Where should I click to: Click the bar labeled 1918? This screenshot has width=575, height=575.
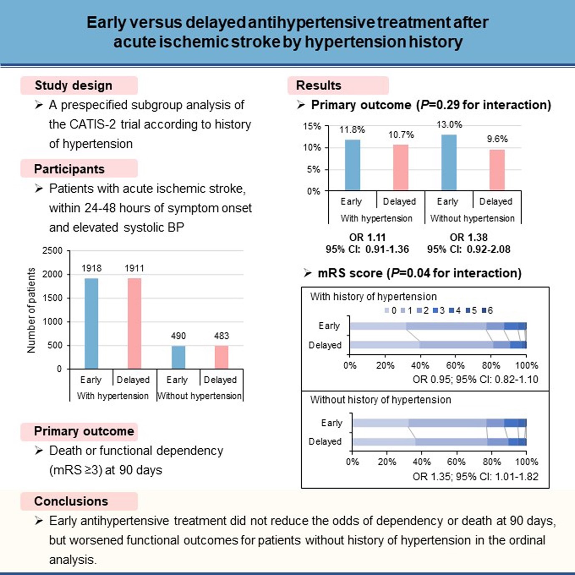click(x=91, y=323)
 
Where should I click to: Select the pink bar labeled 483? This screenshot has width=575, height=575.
click(x=221, y=357)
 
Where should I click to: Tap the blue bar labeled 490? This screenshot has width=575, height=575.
click(x=178, y=357)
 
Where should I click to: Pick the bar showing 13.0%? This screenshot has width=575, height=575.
click(x=449, y=162)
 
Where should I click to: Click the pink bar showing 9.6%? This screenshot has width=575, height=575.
click(x=497, y=170)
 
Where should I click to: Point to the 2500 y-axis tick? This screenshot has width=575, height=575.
click(x=53, y=251)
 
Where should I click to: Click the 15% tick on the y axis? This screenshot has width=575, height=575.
click(x=312, y=126)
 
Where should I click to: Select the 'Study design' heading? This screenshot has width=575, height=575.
click(x=73, y=85)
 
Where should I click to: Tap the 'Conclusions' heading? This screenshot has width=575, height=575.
click(x=71, y=501)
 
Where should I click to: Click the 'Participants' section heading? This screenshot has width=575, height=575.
click(x=69, y=169)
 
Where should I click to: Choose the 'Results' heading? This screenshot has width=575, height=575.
click(x=319, y=85)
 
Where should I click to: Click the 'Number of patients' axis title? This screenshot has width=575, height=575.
click(x=31, y=311)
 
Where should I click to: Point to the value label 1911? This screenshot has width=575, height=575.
click(x=134, y=268)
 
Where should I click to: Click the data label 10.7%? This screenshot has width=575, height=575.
click(x=401, y=135)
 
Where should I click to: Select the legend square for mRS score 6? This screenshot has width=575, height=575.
click(x=484, y=310)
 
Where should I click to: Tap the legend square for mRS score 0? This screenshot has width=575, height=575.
click(x=387, y=310)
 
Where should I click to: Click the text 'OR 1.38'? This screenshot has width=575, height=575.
click(x=469, y=237)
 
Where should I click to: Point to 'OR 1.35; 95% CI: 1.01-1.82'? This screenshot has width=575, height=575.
click(x=475, y=476)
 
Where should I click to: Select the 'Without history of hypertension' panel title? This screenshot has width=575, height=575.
click(x=381, y=399)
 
